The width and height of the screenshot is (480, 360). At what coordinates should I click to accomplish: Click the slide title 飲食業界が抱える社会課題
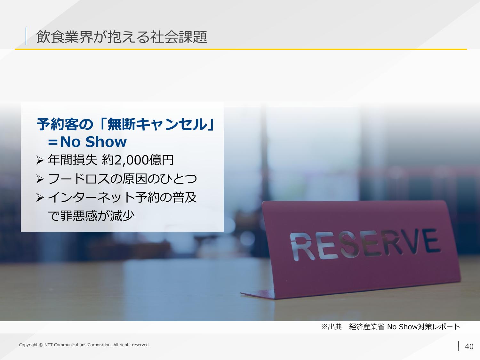(x=121, y=37)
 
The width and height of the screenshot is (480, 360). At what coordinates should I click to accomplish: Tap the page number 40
(x=469, y=347)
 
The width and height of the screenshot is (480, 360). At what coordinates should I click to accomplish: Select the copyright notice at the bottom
(x=84, y=345)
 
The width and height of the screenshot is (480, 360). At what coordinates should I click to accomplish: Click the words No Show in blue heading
(x=93, y=142)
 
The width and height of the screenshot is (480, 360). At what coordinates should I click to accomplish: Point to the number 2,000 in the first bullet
(x=131, y=160)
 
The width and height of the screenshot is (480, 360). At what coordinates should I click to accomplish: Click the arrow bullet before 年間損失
(x=40, y=160)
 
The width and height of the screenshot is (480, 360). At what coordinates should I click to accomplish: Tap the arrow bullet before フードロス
(x=40, y=179)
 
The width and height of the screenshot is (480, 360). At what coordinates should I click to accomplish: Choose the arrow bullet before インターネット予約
(x=40, y=198)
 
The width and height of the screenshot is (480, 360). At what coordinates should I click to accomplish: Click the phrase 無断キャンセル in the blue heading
(x=157, y=124)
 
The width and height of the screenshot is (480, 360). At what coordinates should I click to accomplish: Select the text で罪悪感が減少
(x=91, y=216)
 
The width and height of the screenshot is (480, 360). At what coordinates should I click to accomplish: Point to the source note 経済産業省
(x=367, y=327)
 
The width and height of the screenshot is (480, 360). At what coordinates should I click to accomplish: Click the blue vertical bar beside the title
(x=26, y=36)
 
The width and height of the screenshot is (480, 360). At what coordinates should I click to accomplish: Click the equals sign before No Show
(x=53, y=142)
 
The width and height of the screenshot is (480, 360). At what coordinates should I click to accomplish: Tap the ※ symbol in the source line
(x=324, y=327)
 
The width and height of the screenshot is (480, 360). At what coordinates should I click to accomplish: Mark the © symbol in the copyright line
(x=41, y=345)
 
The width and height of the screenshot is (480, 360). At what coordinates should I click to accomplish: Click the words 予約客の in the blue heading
(x=65, y=124)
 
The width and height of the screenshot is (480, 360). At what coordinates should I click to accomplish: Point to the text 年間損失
(x=72, y=160)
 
